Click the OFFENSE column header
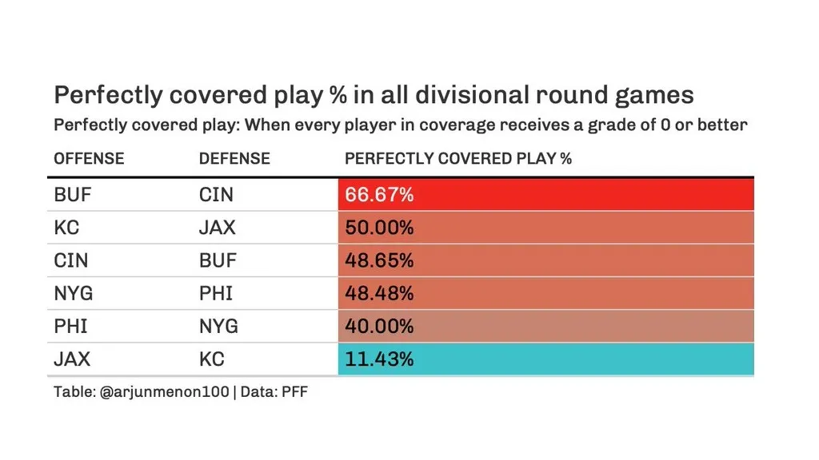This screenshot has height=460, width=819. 89,158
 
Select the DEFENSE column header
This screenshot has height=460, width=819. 234,158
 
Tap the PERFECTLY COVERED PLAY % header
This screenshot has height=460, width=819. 457,158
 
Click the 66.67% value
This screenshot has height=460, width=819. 379,195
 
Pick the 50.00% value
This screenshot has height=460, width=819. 379,228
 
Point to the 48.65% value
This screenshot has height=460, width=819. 379,261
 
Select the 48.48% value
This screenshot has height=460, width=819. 379,294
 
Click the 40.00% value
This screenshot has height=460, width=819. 379,327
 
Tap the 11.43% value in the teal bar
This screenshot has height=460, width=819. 379,359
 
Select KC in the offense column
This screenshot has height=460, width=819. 66,228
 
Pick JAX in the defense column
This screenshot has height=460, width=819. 218,228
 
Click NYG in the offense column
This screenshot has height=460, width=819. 73,294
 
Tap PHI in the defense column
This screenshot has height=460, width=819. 215,294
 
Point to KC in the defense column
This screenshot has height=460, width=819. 211,359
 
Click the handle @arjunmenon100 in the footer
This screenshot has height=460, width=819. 165,393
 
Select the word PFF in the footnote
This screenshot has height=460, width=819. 294,393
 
